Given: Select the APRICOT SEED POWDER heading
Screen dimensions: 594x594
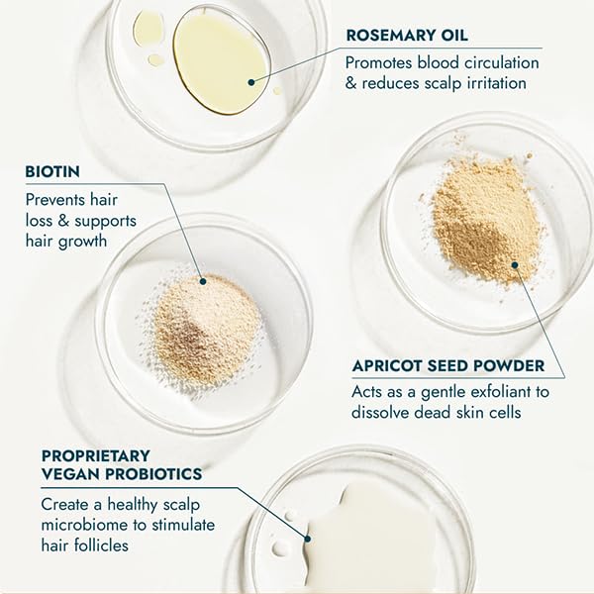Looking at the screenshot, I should [447, 366].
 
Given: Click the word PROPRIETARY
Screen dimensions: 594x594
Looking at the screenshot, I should [96, 455].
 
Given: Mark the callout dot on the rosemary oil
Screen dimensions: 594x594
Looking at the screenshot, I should [251, 83].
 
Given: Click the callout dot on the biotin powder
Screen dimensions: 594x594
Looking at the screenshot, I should [201, 280].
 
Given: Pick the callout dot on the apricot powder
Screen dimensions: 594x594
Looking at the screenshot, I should [515, 264].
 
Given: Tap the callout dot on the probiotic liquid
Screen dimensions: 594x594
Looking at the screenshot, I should [308, 540].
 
